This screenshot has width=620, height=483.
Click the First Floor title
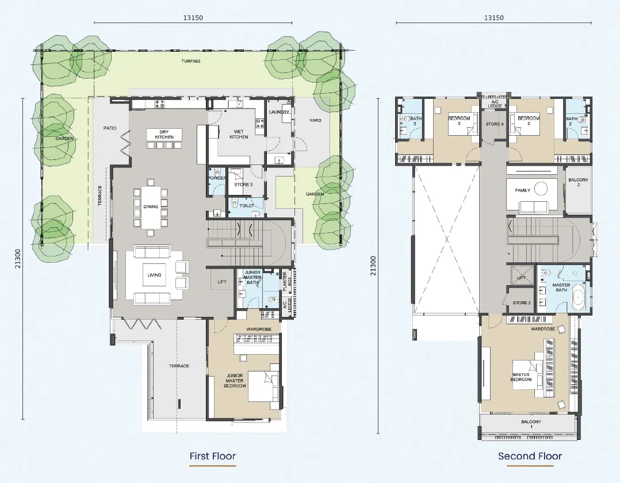[212, 456]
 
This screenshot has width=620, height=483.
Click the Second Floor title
[530, 456]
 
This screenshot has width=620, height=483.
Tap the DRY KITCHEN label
[164, 135]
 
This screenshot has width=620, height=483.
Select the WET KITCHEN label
[239, 134]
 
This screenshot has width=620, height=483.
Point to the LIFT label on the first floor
[222, 282]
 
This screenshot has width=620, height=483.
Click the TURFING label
[191, 62]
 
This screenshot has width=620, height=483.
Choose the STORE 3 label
[243, 185]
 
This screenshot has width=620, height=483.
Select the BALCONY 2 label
[578, 182]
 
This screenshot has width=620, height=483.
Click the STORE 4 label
[495, 124]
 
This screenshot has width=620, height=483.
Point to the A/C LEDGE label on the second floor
[495, 103]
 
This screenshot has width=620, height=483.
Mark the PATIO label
[110, 128]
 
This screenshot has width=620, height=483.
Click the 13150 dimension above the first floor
[193, 17]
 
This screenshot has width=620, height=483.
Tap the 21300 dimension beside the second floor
[373, 266]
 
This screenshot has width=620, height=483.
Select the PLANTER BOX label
[287, 281]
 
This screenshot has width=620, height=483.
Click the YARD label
[315, 120]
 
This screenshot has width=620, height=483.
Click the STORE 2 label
[522, 303]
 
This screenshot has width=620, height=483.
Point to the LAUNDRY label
[279, 112]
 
